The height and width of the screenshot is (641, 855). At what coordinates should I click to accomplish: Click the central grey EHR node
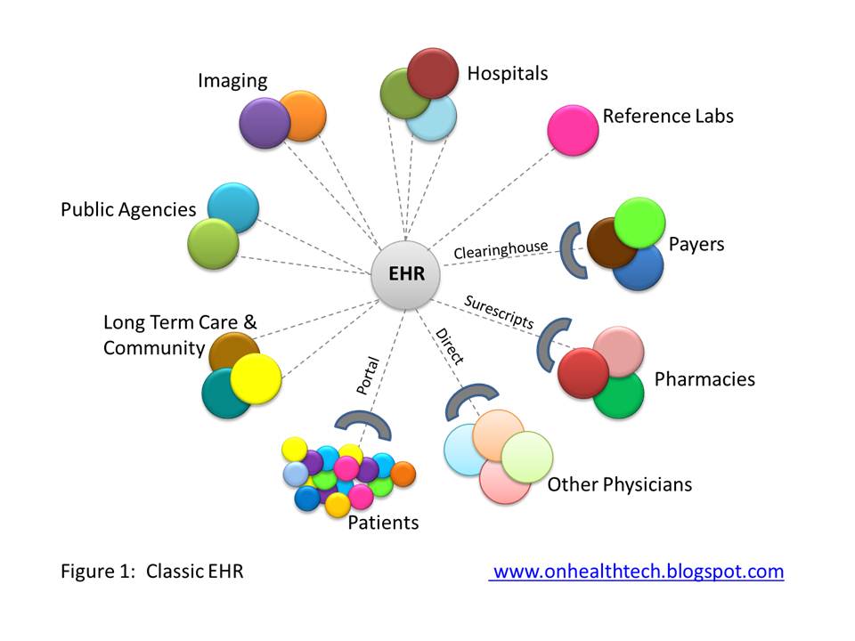[405, 275]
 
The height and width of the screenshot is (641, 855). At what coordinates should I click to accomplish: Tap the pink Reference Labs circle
[573, 130]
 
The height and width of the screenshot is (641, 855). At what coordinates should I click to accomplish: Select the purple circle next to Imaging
[264, 123]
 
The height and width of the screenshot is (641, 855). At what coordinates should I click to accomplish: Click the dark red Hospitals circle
[433, 73]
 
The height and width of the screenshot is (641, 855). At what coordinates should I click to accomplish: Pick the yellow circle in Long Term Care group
[256, 378]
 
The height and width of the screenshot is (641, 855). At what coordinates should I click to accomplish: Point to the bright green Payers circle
[639, 223]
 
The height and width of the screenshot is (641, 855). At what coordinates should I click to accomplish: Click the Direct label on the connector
[449, 346]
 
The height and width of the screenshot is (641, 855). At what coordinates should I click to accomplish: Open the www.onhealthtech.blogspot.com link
[638, 572]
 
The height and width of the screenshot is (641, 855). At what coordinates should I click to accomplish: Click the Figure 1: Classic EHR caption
[151, 572]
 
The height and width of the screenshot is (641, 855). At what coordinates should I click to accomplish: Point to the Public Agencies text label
[128, 210]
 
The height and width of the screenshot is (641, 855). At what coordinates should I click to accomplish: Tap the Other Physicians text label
[619, 485]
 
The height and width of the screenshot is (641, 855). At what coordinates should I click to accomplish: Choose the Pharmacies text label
[704, 379]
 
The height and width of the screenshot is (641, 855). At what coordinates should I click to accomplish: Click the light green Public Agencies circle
[213, 243]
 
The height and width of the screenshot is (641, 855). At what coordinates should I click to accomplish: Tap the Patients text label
[383, 523]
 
